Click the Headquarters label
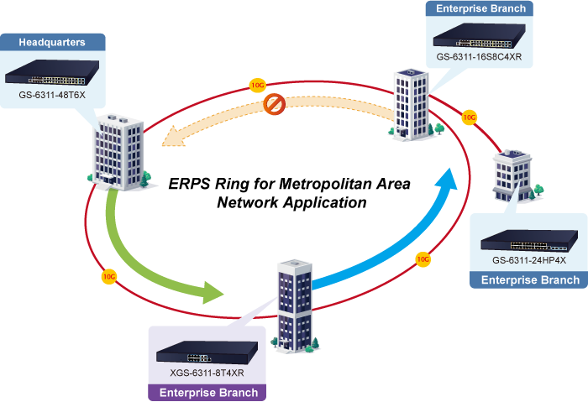[52, 42]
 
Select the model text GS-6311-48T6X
[52, 95]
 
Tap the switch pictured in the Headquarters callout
[52, 74]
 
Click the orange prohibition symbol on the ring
[275, 104]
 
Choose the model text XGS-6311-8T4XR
[207, 372]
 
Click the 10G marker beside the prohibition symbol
[257, 86]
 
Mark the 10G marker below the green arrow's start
[108, 274]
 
